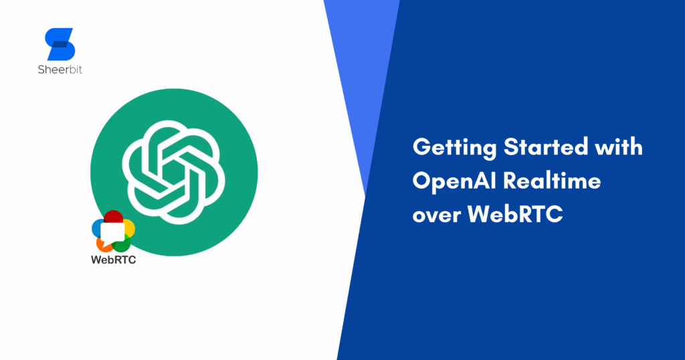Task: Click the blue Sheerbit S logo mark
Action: point(60,44)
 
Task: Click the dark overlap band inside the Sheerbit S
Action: point(60,44)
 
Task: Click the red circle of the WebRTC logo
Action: point(114,218)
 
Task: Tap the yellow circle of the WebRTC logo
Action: point(128,228)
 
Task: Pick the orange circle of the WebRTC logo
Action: point(100,244)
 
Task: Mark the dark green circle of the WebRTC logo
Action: point(124,245)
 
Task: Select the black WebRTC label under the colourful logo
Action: point(113,261)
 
